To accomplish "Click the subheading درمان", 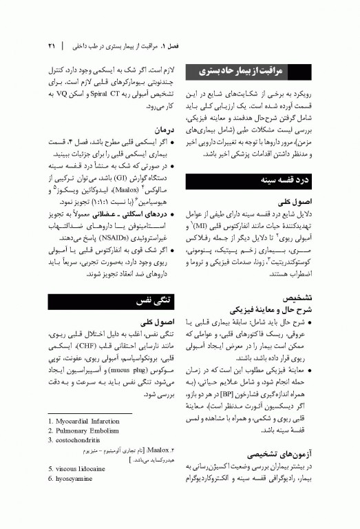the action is pyautogui.click(x=163, y=129).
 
